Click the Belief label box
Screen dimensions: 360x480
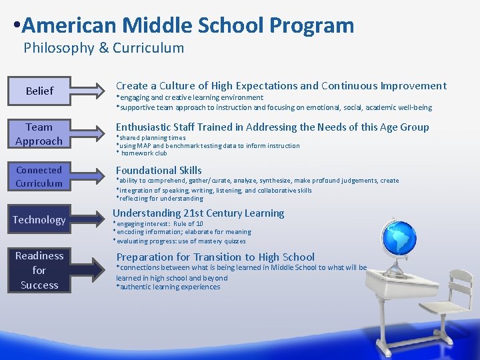click(x=39, y=91)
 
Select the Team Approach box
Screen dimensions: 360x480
click(x=39, y=134)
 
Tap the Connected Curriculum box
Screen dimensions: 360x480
click(x=39, y=177)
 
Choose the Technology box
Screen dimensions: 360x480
click(x=39, y=220)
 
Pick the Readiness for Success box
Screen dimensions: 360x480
click(x=39, y=270)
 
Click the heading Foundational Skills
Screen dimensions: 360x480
click(x=159, y=171)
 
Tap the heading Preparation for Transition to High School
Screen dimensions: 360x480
click(x=215, y=257)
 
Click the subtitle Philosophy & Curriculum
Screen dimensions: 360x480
click(x=103, y=48)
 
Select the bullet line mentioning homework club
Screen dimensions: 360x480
click(x=143, y=153)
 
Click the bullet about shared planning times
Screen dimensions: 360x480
click(x=151, y=138)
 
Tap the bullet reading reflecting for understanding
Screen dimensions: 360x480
click(x=160, y=199)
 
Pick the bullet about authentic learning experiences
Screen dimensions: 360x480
click(x=168, y=287)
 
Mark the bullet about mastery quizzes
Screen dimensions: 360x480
click(x=179, y=241)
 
